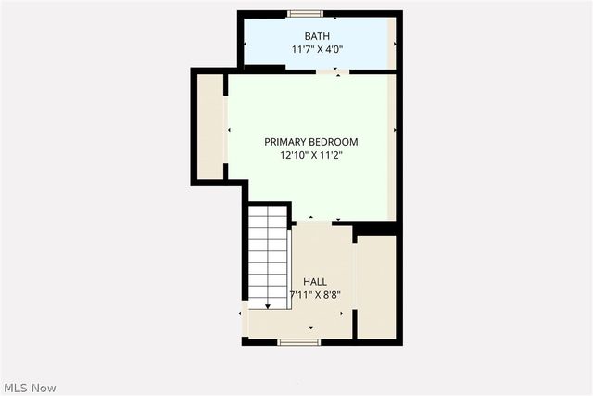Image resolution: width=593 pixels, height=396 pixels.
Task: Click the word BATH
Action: coord(317,37)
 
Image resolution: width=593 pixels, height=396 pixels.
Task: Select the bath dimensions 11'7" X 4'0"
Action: coord(317,50)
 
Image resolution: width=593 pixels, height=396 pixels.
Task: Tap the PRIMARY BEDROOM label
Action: coord(310,142)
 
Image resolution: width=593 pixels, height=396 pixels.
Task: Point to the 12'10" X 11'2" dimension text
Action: coord(310,156)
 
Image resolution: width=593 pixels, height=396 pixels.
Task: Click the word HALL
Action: coord(315,282)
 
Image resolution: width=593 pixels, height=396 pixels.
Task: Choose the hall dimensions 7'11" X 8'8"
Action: coord(315,295)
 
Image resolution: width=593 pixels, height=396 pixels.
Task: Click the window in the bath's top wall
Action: coord(305,14)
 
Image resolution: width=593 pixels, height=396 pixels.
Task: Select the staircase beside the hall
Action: coord(269,255)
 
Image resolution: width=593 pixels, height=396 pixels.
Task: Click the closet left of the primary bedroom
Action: coord(210,126)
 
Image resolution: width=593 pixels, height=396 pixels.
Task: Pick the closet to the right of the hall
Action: coord(376,286)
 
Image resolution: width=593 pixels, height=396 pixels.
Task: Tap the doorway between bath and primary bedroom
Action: coord(336,72)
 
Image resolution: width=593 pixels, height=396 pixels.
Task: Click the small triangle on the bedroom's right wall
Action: coord(394,130)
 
